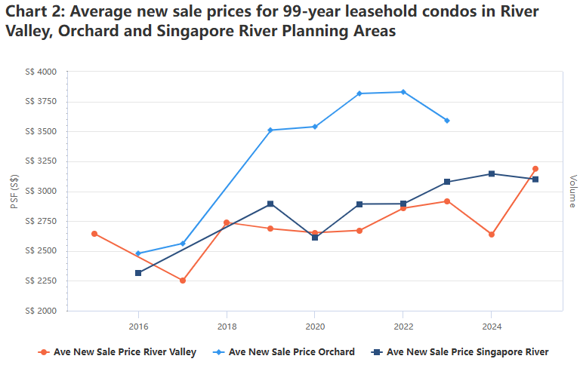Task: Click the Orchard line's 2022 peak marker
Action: (403, 92)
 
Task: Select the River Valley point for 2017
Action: (182, 281)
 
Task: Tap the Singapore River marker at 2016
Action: (138, 273)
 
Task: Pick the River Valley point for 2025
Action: (535, 169)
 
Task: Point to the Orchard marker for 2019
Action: (270, 130)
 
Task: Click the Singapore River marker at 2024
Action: (492, 174)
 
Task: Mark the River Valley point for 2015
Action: (94, 234)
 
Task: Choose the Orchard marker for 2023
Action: (447, 121)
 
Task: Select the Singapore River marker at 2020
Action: (315, 238)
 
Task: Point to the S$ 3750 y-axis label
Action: (41, 102)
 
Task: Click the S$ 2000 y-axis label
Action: (41, 311)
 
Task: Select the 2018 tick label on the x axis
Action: (227, 327)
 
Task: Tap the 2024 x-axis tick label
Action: (492, 327)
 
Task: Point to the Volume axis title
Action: (573, 192)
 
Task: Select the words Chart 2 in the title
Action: (33, 11)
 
